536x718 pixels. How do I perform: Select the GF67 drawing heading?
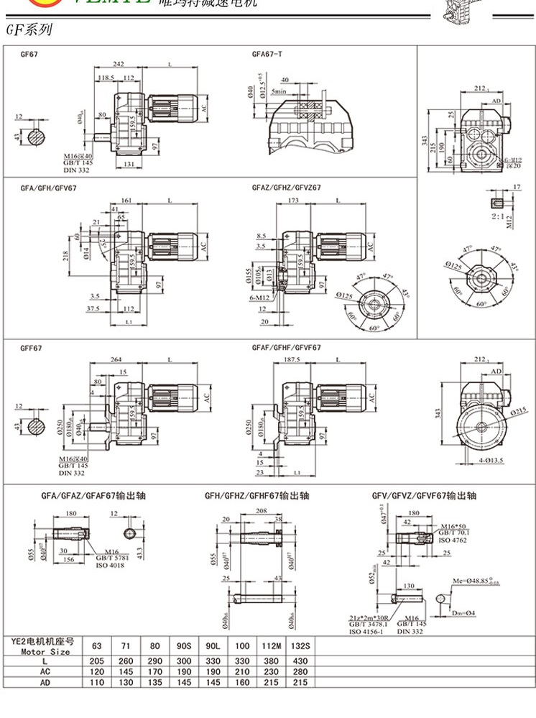coord(29,55)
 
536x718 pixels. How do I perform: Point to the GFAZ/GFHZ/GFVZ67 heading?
coord(286,188)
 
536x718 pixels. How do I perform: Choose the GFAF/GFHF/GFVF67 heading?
coord(287,348)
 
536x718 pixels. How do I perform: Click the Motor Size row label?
coord(45,652)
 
